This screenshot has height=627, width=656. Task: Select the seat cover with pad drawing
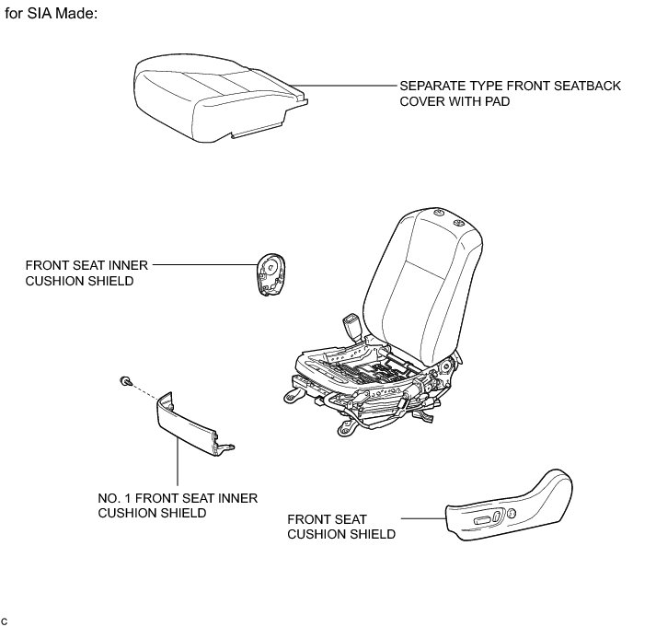pyautogui.click(x=216, y=96)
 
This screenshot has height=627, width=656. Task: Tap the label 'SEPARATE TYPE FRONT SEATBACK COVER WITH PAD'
pyautogui.click(x=510, y=94)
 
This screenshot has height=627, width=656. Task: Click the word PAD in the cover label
pyautogui.click(x=494, y=102)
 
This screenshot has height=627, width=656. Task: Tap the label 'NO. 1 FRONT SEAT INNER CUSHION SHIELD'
pyautogui.click(x=177, y=505)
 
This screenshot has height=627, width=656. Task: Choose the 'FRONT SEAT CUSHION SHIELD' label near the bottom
pyautogui.click(x=341, y=527)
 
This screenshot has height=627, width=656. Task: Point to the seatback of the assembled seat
pyautogui.click(x=423, y=276)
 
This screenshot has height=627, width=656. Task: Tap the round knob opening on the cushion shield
pyautogui.click(x=512, y=514)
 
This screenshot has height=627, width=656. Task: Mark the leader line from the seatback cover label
pyautogui.click(x=350, y=86)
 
